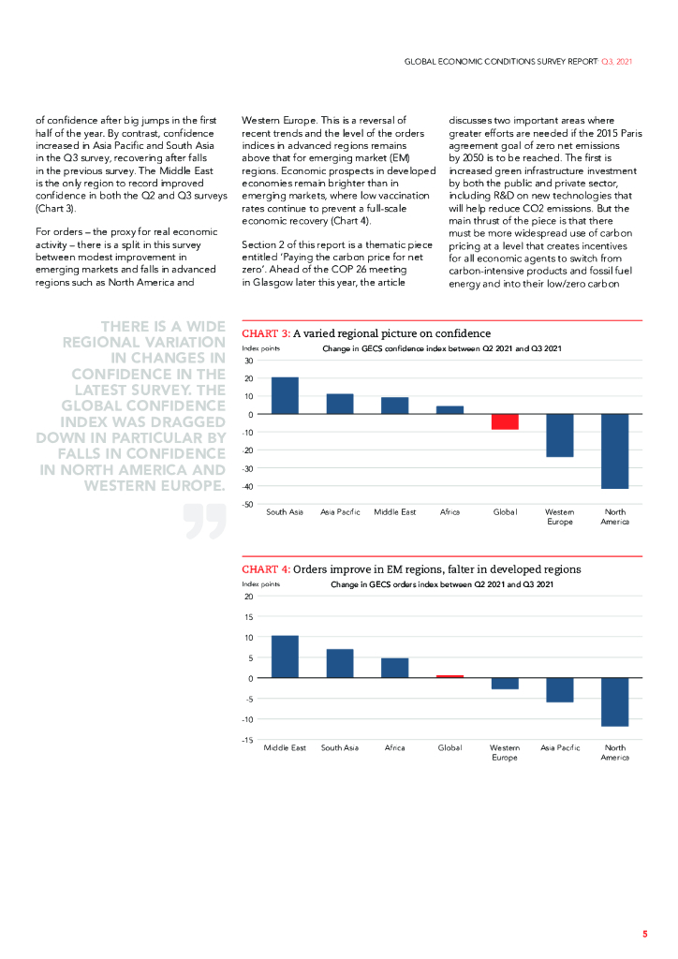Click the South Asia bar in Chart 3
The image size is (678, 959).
tap(285, 395)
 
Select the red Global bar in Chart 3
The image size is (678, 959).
tap(505, 421)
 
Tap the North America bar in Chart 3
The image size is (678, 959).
tap(614, 450)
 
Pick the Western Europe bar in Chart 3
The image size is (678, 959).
tap(559, 435)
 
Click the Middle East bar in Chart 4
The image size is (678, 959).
tap(285, 657)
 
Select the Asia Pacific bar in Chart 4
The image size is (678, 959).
tap(560, 689)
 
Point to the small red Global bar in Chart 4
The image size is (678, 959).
tap(450, 676)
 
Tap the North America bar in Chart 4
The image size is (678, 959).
tap(614, 701)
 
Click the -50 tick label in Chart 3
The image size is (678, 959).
tap(248, 504)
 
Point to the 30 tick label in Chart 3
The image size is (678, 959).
tap(249, 361)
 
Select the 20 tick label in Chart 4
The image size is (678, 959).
tap(248, 597)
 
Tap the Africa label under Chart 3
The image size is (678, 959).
tap(450, 513)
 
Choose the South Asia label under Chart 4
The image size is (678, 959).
tap(340, 748)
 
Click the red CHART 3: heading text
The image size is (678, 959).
tap(266, 333)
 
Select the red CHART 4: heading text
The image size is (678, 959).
tap(266, 569)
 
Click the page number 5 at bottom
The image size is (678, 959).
tap(644, 935)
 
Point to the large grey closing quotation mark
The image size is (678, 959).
tap(205, 521)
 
